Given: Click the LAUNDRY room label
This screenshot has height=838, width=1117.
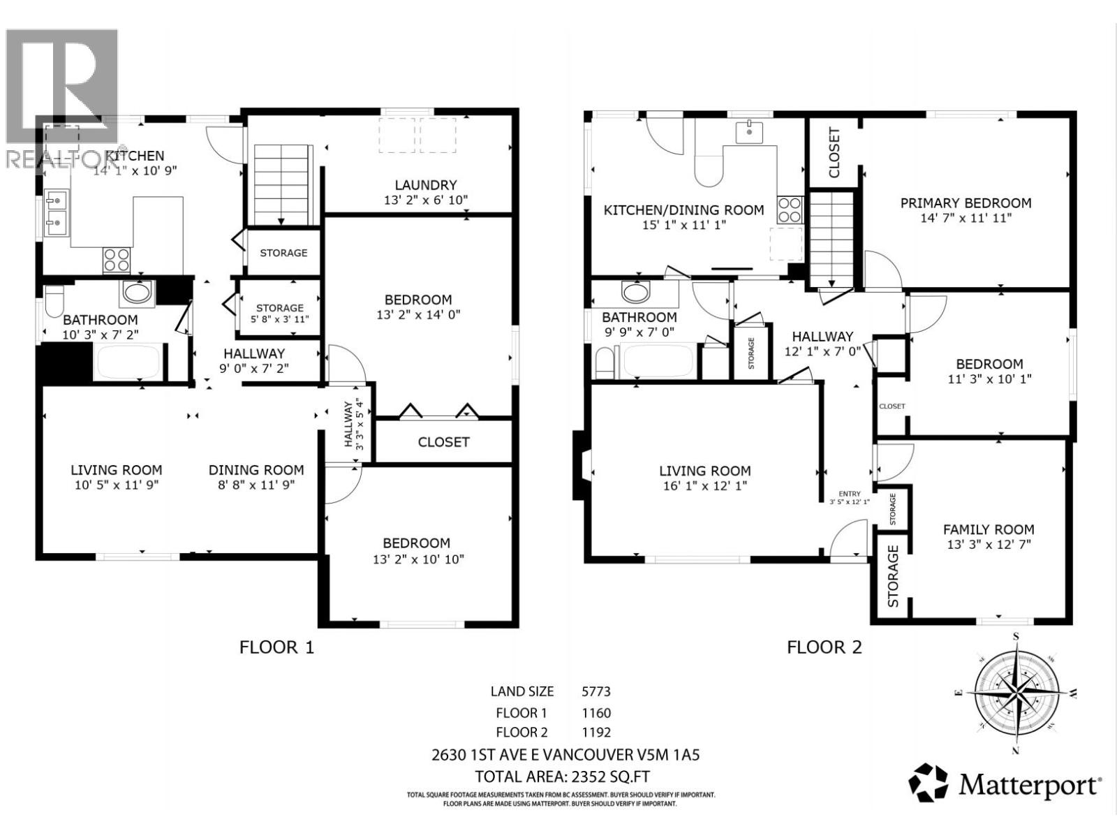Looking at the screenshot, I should (425, 185).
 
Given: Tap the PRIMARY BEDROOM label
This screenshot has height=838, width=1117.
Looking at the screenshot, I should (966, 203).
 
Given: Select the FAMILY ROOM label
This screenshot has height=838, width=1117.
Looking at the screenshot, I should (988, 530).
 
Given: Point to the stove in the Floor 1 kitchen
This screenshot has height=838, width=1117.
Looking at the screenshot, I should (117, 260).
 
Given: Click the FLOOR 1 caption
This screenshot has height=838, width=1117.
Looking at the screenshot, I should (276, 647).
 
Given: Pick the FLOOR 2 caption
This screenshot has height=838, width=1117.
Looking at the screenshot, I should (824, 647).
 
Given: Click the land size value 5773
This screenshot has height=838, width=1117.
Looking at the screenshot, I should (596, 692).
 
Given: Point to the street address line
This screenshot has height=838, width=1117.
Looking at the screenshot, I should (565, 755).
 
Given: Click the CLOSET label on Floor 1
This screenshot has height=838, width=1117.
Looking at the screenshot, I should (443, 442).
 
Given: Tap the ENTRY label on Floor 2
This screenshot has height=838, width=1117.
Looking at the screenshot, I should (850, 494).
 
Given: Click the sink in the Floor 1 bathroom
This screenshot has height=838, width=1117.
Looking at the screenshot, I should (138, 293).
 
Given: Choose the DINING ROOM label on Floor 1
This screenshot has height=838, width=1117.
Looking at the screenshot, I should (256, 471).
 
